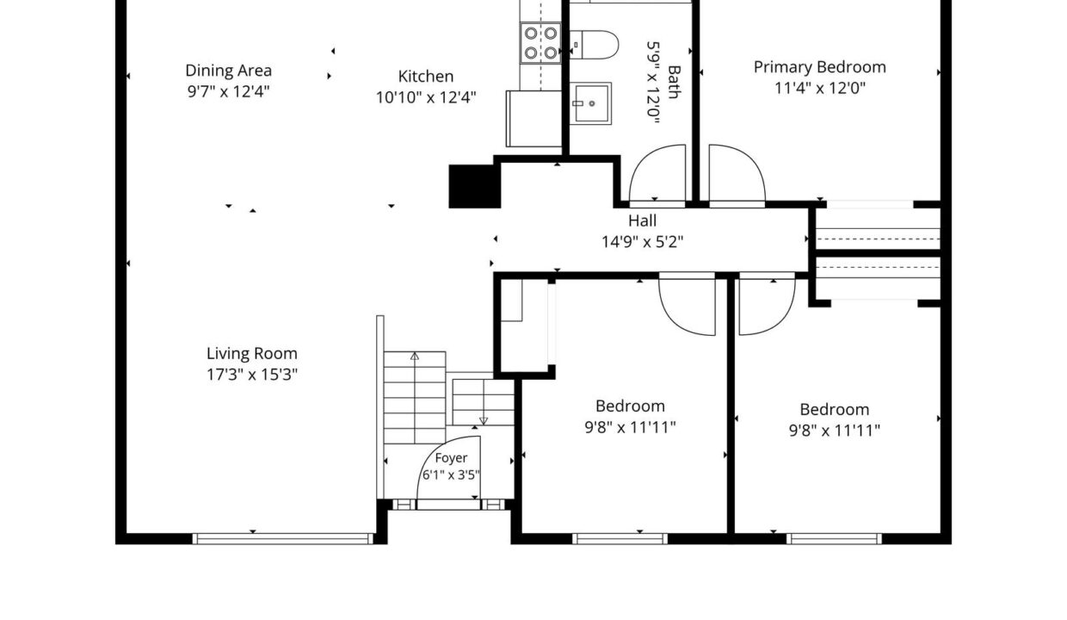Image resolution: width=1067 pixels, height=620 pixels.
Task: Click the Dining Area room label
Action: [229, 71]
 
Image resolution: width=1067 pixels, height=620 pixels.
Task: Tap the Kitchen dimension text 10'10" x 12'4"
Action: [426, 97]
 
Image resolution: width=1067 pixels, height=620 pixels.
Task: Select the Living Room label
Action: [252, 354]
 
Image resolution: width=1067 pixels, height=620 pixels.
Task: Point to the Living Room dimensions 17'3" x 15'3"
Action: [252, 375]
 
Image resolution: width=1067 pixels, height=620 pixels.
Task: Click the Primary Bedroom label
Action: [820, 67]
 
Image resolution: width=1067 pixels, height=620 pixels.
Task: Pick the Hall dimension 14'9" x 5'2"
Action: [642, 242]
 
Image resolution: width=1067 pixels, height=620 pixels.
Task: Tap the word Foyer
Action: [451, 458]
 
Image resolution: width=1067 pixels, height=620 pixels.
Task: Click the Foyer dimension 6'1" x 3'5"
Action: [451, 475]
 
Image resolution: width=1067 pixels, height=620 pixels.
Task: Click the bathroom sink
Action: [590, 103]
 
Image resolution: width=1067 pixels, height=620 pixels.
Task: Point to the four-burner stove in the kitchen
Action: [540, 43]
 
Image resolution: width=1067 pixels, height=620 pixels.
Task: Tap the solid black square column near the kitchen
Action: [474, 186]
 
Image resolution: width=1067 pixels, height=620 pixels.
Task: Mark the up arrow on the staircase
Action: [415, 356]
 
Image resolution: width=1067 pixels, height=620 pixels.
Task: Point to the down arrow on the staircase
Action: [484, 421]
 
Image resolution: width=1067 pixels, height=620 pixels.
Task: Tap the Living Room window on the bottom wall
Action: [283, 538]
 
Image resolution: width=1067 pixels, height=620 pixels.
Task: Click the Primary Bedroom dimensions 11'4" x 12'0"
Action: [820, 88]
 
